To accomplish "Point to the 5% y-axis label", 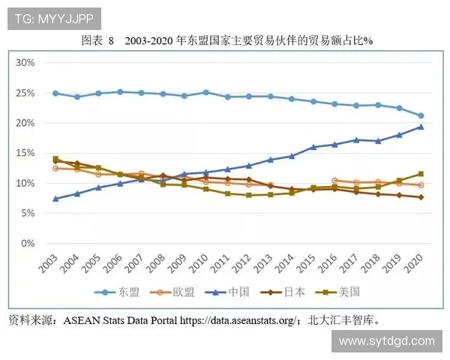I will (x=27, y=213).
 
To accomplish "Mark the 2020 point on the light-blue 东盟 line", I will (x=421, y=115).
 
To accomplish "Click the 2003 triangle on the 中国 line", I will (x=55, y=199).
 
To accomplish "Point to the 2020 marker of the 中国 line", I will (x=421, y=127).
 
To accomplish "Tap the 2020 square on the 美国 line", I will (x=421, y=174).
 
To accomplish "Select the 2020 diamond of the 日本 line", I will (x=421, y=197).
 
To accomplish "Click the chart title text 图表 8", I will (x=96, y=41).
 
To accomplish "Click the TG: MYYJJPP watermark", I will (x=53, y=19).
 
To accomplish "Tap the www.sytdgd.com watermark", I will (x=386, y=341).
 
